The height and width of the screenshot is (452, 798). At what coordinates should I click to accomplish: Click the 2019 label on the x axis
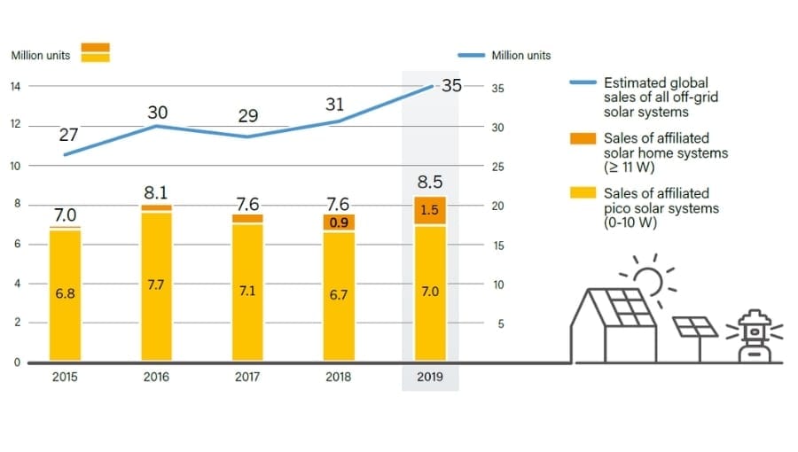(430, 377)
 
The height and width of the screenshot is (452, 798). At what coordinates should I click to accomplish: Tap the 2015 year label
(65, 377)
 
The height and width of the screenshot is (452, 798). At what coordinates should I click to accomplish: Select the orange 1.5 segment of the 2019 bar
(430, 210)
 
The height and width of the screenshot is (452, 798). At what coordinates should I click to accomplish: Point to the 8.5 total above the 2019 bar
(430, 183)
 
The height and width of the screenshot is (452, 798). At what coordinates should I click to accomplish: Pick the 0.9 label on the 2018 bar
(338, 222)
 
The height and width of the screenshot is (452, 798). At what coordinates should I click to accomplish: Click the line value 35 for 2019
(451, 86)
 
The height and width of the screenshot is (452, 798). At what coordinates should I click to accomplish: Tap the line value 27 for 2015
(69, 136)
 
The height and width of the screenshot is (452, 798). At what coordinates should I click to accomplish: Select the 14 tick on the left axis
(15, 86)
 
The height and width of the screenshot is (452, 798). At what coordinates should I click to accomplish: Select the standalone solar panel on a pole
(696, 327)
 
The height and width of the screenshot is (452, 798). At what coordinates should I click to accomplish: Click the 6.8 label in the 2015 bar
(64, 293)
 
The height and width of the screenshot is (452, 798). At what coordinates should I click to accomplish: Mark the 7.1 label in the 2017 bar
(247, 292)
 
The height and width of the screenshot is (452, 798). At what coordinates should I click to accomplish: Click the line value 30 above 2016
(158, 113)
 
